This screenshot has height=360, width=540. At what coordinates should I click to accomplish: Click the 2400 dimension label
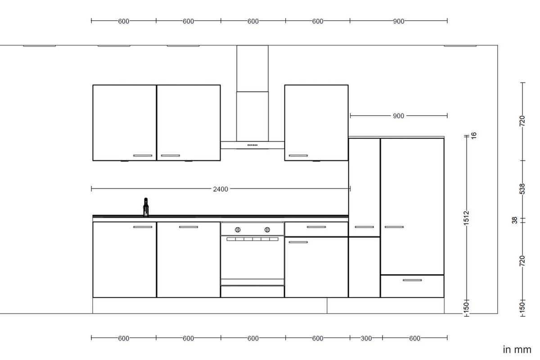click(220, 189)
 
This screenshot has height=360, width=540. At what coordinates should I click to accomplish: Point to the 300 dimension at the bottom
click(366, 338)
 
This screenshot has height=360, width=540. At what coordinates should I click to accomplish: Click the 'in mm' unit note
click(517, 350)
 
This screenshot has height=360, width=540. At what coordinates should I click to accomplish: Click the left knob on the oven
click(238, 229)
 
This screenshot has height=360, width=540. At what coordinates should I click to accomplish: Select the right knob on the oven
click(267, 229)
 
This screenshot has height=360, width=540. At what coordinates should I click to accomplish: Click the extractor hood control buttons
click(252, 145)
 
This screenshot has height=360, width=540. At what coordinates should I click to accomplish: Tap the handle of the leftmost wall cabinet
click(143, 156)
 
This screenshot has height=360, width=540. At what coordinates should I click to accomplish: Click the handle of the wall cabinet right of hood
click(298, 156)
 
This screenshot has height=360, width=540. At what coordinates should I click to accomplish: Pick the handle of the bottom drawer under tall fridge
click(412, 280)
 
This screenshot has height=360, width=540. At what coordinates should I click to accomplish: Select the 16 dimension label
click(473, 135)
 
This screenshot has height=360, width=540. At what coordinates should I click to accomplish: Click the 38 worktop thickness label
click(515, 220)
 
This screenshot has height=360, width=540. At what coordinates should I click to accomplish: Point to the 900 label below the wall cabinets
click(398, 116)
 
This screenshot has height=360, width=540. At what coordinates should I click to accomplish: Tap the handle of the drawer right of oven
click(316, 227)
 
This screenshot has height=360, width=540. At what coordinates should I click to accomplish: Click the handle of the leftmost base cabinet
click(143, 227)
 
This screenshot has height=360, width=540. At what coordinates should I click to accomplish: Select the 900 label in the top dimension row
click(398, 21)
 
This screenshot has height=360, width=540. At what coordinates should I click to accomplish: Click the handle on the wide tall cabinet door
click(394, 227)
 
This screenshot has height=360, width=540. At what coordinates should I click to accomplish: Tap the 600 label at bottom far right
click(414, 338)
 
